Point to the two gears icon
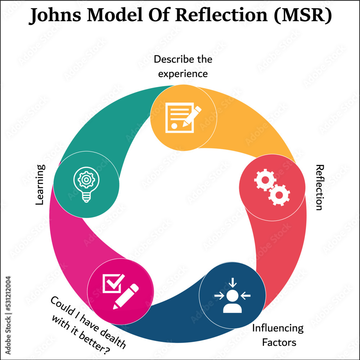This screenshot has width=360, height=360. pyautogui.click(x=272, y=187)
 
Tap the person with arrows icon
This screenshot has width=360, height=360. pyautogui.click(x=232, y=295)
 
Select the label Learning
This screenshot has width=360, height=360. pyautogui.click(x=40, y=185)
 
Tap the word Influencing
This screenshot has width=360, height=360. pyautogui.click(x=278, y=328)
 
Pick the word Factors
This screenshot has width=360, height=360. pyautogui.click(x=279, y=342)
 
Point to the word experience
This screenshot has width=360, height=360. pyautogui.click(x=183, y=74)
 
